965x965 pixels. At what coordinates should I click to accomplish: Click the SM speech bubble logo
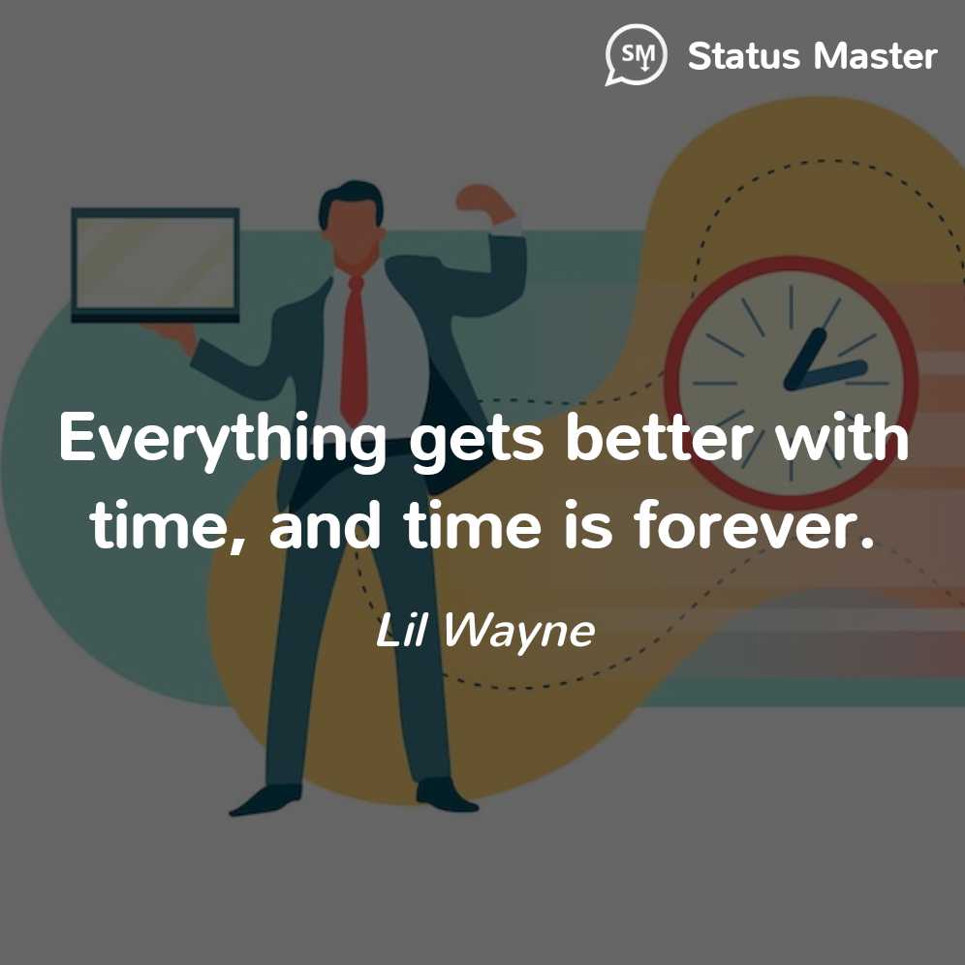coord(636,54)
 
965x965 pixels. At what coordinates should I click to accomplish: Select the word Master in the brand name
coord(875,56)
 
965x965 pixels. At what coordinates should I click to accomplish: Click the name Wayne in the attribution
coord(518,632)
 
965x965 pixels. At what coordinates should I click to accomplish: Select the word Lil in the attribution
coord(400,630)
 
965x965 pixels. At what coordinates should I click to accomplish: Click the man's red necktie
coord(356,349)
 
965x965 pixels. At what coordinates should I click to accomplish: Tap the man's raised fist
coord(477,199)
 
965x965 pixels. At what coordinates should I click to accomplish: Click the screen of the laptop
coord(155,263)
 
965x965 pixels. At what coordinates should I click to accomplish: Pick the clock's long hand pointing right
coord(825,375)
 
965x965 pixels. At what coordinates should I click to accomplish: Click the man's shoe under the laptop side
coord(265,800)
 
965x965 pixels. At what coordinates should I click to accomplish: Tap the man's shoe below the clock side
coord(447,795)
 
